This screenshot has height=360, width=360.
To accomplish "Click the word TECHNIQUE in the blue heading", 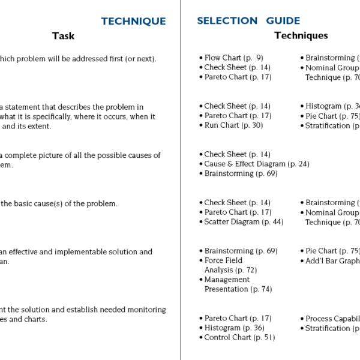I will pyautogui.click(x=133, y=22).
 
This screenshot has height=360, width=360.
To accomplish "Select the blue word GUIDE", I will pyautogui.click(x=284, y=21).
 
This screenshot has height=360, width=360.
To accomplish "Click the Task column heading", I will pyautogui.click(x=63, y=36).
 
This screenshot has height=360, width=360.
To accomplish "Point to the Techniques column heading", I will pyautogui.click(x=301, y=36).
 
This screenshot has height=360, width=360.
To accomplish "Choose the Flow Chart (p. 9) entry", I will pyautogui.click(x=233, y=58).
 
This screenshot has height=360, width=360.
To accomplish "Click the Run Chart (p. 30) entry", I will pyautogui.click(x=233, y=125).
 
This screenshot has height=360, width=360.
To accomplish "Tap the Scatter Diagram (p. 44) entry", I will pyautogui.click(x=244, y=222).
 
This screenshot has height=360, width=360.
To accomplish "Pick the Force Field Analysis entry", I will pyautogui.click(x=230, y=265).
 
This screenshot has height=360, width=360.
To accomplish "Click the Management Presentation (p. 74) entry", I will pyautogui.click(x=238, y=284).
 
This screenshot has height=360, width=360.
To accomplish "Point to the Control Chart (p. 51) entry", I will pyautogui.click(x=239, y=338).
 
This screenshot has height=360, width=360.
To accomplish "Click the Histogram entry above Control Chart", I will pyautogui.click(x=234, y=328).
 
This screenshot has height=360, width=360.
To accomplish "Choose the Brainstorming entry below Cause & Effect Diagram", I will pyautogui.click(x=241, y=173).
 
